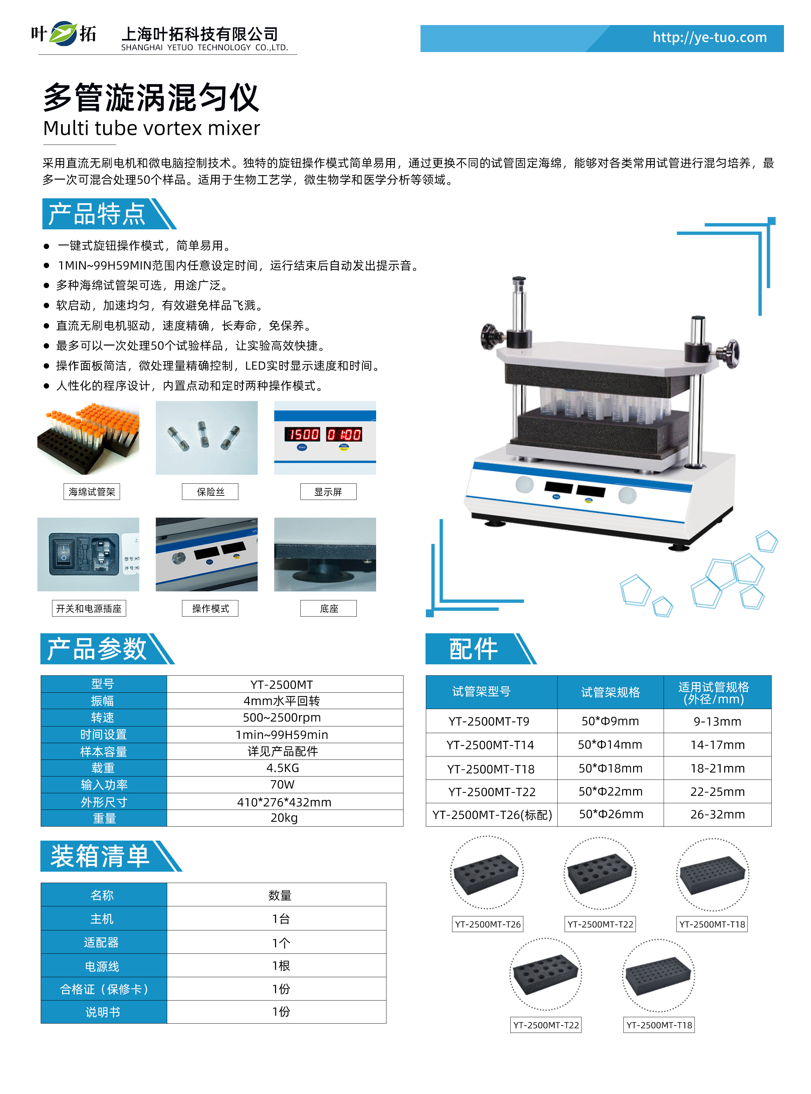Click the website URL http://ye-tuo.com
[x=710, y=37]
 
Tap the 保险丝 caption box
[x=210, y=491]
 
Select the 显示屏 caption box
[x=328, y=491]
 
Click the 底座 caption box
[x=328, y=608]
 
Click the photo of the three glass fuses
[x=207, y=438]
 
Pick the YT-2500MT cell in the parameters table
[x=285, y=684]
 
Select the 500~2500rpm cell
[x=285, y=717]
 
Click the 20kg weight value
[x=285, y=818]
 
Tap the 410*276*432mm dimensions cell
[x=285, y=802]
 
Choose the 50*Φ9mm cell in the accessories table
[x=610, y=721]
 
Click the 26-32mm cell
[x=717, y=814]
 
